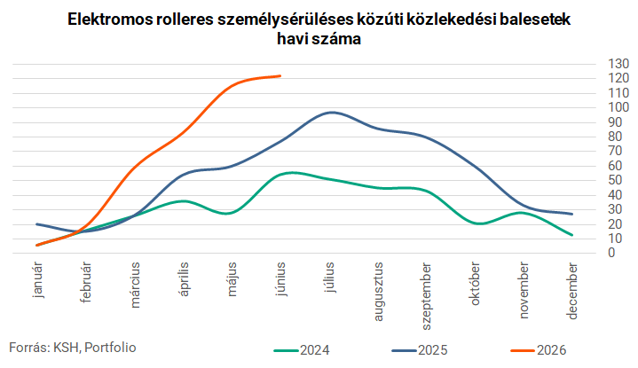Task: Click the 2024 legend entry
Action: tap(302, 350)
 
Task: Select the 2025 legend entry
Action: tap(420, 350)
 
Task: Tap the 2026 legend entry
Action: tap(539, 350)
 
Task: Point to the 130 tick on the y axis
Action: tap(618, 64)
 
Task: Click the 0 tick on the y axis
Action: tap(611, 253)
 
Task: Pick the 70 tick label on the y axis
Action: tap(615, 152)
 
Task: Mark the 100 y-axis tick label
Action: tap(618, 107)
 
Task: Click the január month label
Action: tap(38, 280)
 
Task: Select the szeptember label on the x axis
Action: tap(426, 296)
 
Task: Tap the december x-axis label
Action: tap(572, 291)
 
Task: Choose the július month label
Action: tap(329, 278)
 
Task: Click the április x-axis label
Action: tap(184, 279)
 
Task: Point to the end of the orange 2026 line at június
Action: tap(280, 75)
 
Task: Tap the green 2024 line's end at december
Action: tap(572, 235)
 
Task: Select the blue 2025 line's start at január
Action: tap(37, 224)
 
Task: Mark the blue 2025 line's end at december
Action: tap(572, 214)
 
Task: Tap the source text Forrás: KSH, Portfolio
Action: tap(73, 348)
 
